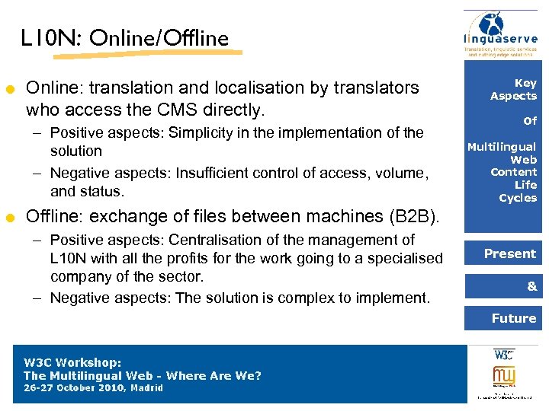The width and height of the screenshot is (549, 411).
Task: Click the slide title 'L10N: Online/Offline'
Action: click(125, 38)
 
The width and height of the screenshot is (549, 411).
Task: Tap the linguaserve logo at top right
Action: click(501, 34)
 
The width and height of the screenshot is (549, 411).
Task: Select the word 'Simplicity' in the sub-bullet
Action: click(204, 132)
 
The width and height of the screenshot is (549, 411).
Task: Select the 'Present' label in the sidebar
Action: click(510, 253)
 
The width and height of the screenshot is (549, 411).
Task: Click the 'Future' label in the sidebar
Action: click(514, 318)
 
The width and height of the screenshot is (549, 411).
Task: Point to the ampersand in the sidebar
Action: click(531, 286)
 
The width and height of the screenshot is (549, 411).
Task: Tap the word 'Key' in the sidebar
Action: click(525, 83)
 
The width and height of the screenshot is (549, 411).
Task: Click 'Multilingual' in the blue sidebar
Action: click(502, 147)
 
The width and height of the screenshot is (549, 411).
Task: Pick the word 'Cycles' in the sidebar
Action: click(518, 198)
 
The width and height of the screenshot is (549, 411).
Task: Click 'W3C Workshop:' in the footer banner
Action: click(72, 363)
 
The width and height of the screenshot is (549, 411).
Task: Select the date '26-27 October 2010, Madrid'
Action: click(93, 388)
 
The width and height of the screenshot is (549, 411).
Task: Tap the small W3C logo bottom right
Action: click(504, 355)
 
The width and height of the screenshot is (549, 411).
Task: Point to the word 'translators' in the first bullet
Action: click(378, 88)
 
